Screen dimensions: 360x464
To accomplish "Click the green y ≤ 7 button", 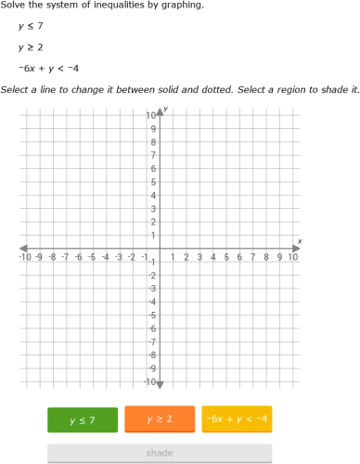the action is click(x=83, y=419).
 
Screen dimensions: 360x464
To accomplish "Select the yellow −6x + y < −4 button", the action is click(x=237, y=419).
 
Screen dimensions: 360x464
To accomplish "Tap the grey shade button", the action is click(x=160, y=453).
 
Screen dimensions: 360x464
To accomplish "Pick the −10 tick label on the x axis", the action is click(x=26, y=257).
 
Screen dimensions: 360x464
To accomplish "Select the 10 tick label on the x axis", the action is click(x=293, y=257).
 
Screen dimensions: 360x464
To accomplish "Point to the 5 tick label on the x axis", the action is click(x=226, y=257).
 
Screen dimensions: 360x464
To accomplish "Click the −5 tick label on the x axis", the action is click(x=93, y=257).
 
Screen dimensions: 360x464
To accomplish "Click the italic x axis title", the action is click(x=300, y=240).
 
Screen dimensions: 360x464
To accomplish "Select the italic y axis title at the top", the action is click(x=165, y=110).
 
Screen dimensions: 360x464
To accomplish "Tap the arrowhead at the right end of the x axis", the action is click(x=298, y=248).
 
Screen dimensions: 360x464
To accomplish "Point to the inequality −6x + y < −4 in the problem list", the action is click(x=48, y=68).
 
